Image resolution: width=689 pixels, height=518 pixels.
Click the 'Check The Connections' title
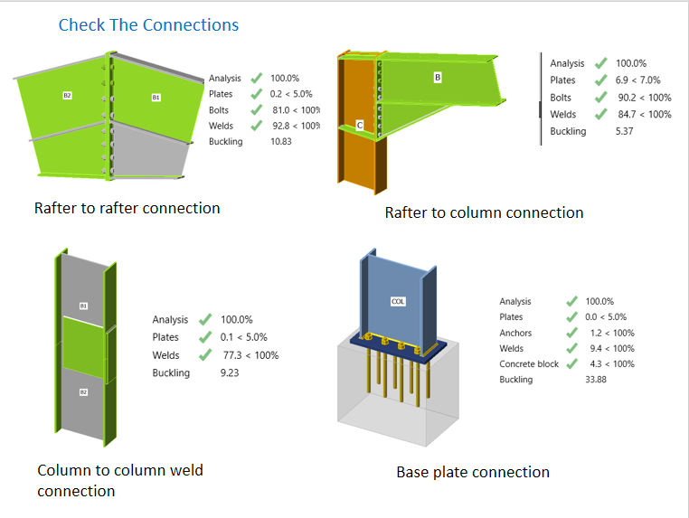pyautogui.click(x=148, y=25)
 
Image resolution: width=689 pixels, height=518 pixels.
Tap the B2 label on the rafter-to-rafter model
pyautogui.click(x=67, y=95)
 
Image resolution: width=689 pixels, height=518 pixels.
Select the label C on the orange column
pyautogui.click(x=360, y=126)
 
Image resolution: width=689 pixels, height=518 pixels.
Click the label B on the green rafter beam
pyautogui.click(x=438, y=78)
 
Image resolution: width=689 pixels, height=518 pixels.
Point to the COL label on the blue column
pyautogui.click(x=398, y=301)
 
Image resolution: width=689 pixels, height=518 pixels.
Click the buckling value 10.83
pyautogui.click(x=281, y=141)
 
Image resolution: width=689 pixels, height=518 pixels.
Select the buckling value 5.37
pyautogui.click(x=624, y=131)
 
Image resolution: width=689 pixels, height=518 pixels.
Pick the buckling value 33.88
pyautogui.click(x=595, y=379)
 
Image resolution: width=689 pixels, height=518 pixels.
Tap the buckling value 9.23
pyautogui.click(x=230, y=372)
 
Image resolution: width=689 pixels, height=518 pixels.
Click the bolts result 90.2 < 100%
pyautogui.click(x=644, y=97)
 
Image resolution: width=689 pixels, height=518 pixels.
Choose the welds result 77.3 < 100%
pyautogui.click(x=250, y=355)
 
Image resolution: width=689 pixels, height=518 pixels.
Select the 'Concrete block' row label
pyautogui.click(x=529, y=363)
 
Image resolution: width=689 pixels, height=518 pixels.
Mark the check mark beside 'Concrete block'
pyautogui.click(x=571, y=363)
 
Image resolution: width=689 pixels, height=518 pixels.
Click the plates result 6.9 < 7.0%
pyautogui.click(x=637, y=80)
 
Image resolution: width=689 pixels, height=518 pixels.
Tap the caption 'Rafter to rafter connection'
pyautogui.click(x=127, y=208)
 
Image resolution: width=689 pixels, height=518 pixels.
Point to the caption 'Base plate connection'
pyautogui.click(x=473, y=472)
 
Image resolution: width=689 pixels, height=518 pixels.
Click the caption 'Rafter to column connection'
pyautogui.click(x=485, y=212)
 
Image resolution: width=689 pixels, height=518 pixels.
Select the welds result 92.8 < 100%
pyautogui.click(x=297, y=126)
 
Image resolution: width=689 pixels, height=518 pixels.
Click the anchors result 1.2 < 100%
pyautogui.click(x=612, y=333)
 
